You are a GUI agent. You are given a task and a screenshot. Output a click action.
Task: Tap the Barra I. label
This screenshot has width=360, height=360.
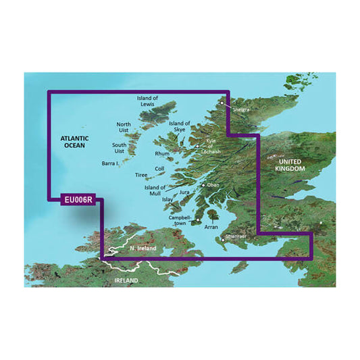pyautogui.click(x=110, y=163)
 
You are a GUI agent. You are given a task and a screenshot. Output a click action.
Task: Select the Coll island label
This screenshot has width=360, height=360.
pyautogui.click(x=159, y=169)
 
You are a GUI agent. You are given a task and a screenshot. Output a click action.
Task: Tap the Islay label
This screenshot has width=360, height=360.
pyautogui.click(x=168, y=199)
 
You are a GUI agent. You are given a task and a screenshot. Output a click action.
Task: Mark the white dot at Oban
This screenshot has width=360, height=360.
pyautogui.click(x=203, y=184)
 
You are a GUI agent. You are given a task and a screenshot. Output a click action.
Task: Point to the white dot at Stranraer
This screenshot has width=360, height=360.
pyautogui.click(x=224, y=238)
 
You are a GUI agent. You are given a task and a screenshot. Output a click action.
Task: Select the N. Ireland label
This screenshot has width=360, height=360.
pyautogui.click(x=143, y=249)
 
